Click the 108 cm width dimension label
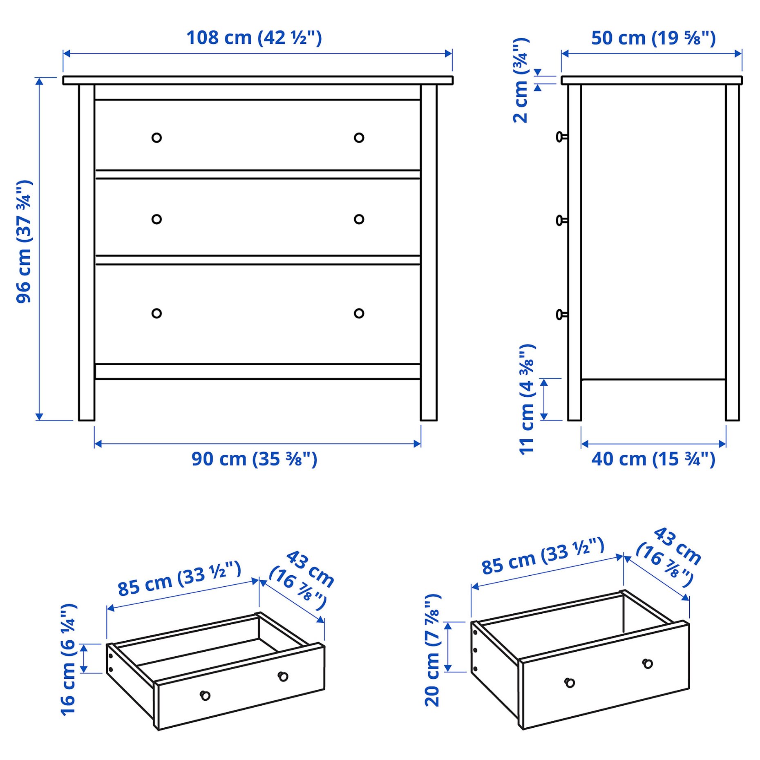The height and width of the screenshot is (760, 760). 254,38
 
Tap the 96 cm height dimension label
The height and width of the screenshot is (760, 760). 24,242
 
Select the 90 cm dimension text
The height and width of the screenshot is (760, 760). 254,459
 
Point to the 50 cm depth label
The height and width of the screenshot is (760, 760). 653,38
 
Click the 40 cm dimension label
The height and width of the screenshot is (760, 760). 653,459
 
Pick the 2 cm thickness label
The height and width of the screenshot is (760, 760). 521,80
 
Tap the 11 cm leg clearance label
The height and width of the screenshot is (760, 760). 527,399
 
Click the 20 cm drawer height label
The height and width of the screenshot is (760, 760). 433,650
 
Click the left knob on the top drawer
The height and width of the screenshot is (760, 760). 156,138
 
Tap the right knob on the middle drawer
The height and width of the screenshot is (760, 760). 359,219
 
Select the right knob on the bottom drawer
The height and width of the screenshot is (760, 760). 359,313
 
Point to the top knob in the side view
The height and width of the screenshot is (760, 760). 561,136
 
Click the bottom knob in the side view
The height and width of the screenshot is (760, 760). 561,314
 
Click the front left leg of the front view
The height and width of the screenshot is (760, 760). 87,400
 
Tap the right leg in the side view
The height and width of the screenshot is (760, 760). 732,400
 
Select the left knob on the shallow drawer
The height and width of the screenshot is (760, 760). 205,695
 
